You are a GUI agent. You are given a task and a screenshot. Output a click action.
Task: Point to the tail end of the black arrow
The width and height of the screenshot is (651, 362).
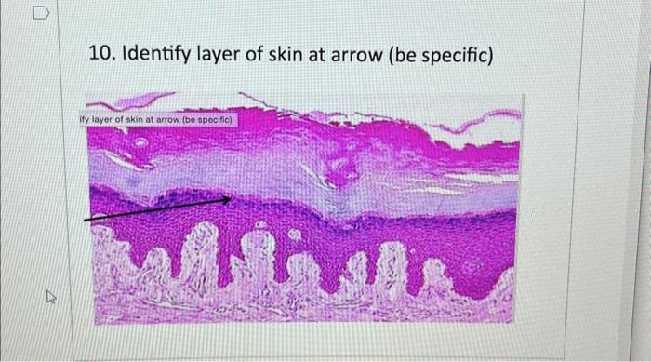(86, 219)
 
